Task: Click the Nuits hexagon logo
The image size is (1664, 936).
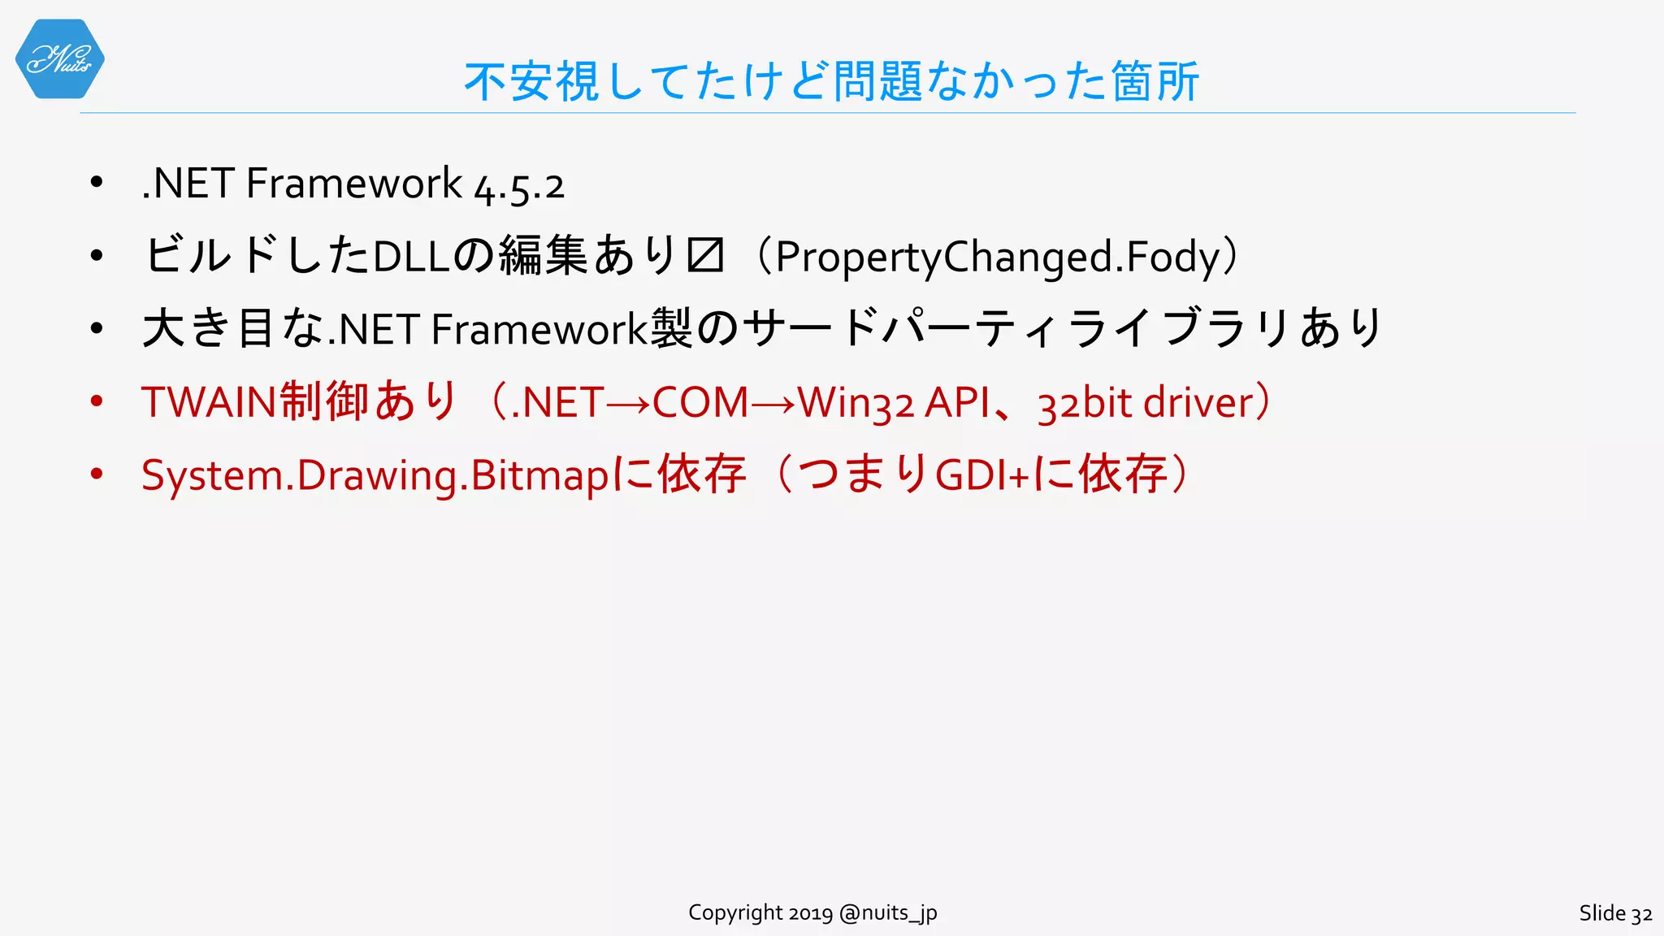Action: click(x=59, y=59)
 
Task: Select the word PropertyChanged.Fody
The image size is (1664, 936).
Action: click(x=999, y=258)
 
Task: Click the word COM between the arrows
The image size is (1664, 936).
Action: click(x=700, y=402)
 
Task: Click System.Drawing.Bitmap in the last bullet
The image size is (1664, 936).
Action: click(x=375, y=475)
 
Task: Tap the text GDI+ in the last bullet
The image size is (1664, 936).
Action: click(x=982, y=475)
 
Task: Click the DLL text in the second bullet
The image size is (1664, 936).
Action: click(x=411, y=258)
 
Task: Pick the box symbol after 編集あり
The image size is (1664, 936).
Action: click(x=704, y=256)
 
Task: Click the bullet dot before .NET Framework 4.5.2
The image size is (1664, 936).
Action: click(x=97, y=182)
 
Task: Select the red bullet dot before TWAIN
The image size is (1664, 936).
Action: click(x=97, y=401)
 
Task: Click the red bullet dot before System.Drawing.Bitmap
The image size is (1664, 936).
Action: click(x=97, y=474)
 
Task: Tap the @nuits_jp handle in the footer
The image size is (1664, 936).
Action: click(x=888, y=913)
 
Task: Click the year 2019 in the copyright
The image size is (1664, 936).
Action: click(x=810, y=913)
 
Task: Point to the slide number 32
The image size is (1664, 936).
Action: click(x=1641, y=914)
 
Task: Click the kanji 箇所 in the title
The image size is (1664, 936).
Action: click(x=1155, y=82)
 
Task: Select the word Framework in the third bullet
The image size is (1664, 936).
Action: click(x=539, y=330)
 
